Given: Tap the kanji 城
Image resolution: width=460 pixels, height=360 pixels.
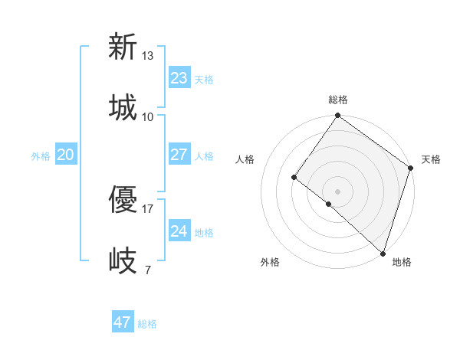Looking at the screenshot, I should pos(123,106).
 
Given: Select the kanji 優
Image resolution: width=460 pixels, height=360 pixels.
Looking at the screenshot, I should pos(123,201).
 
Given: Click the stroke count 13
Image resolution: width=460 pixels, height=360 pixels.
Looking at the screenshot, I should pos(148,56).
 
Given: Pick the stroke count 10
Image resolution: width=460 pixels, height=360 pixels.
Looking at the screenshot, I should pos(148,116).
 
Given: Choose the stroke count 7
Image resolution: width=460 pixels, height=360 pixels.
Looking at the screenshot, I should pos(148,270).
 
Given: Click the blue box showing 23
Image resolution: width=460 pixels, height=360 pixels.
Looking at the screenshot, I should pos(179,77).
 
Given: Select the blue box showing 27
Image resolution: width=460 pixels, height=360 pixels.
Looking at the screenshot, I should pos(179,155).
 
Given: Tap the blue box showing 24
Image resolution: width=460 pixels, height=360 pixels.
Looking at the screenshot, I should pos(179,231).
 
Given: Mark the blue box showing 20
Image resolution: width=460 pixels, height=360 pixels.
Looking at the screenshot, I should pos(65,155).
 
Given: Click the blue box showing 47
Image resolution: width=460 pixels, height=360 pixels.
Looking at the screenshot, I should pos(123,322).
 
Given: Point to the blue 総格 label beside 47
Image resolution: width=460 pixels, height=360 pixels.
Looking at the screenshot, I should pos(147,324).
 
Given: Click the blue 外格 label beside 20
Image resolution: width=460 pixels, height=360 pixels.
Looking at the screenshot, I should pos(41,156).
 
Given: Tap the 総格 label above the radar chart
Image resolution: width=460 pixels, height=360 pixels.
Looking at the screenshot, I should pos(338,100).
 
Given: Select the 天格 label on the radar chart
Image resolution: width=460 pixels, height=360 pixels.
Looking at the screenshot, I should pos(431,159).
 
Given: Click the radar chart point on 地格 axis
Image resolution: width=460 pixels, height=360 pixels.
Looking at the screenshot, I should pos(383,252).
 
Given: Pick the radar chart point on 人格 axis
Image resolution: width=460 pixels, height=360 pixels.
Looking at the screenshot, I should pos(294,177).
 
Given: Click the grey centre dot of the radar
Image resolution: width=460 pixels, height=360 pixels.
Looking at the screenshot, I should pos(337,191).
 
